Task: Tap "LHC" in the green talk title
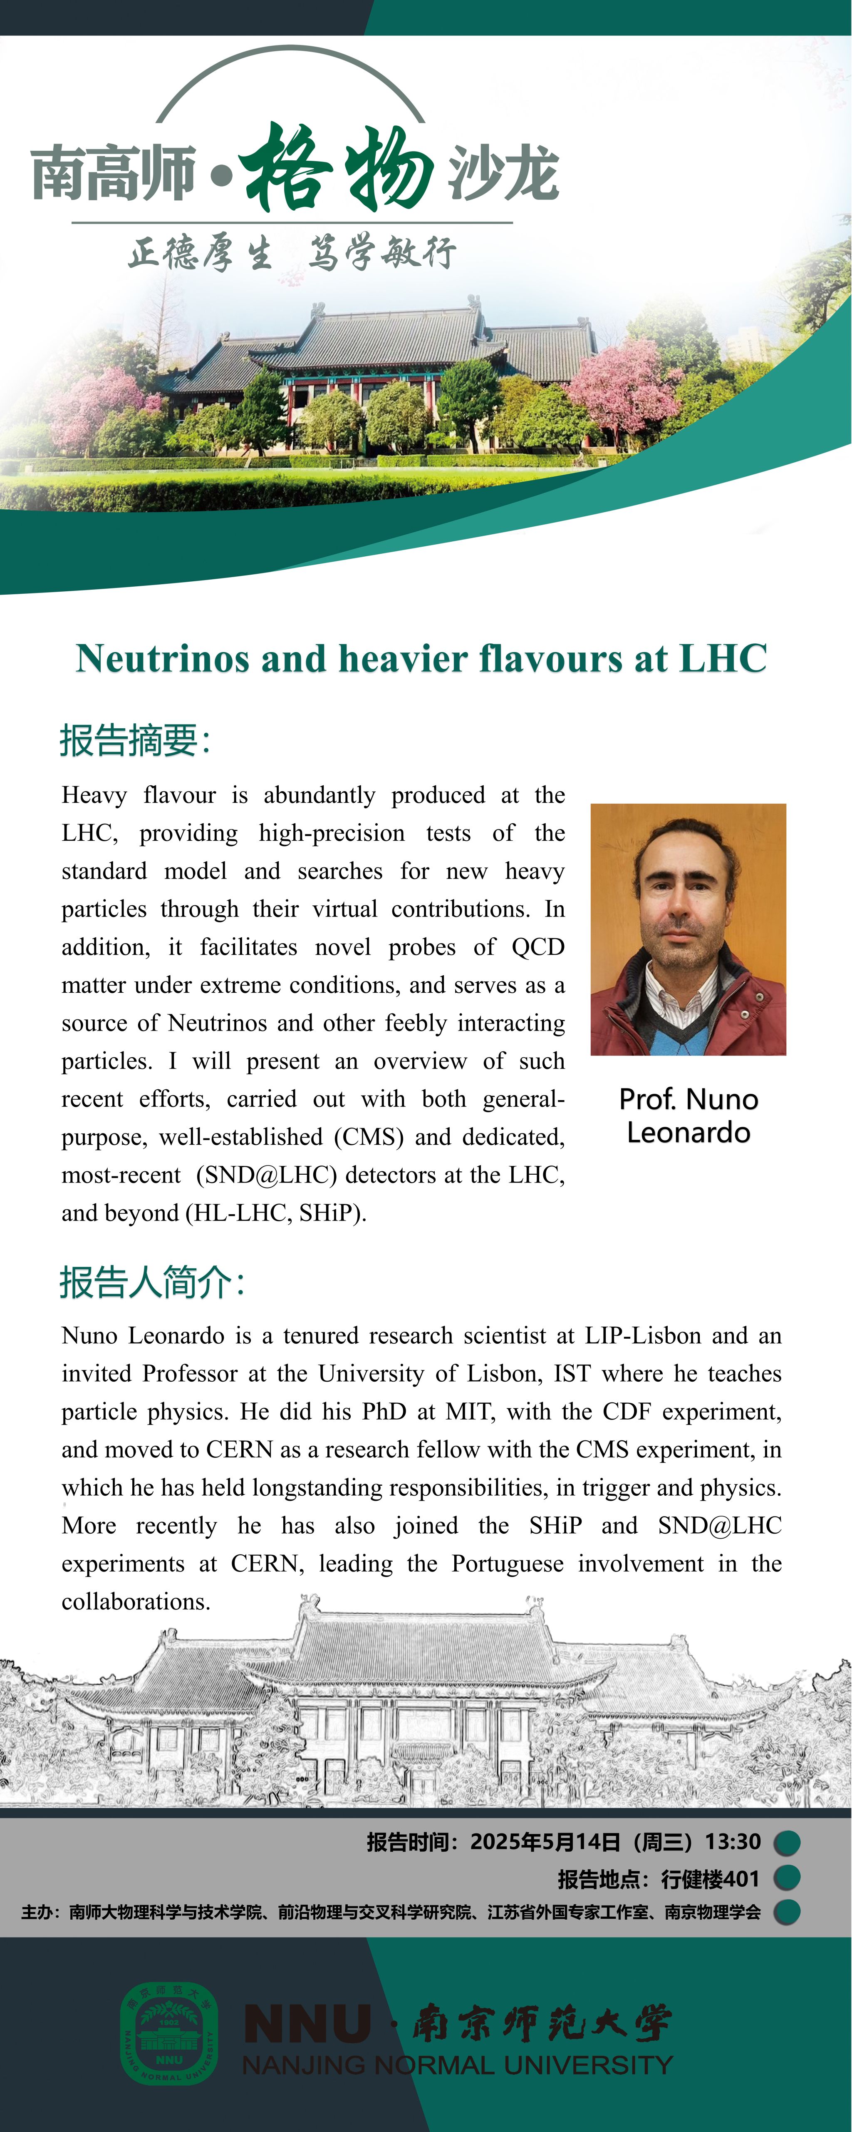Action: pos(723,659)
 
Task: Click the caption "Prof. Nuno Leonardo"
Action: pos(688,1116)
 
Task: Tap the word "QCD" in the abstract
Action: pos(537,947)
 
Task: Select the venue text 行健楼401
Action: pos(710,1879)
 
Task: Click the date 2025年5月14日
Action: pos(545,1841)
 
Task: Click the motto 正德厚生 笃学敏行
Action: pos(291,252)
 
